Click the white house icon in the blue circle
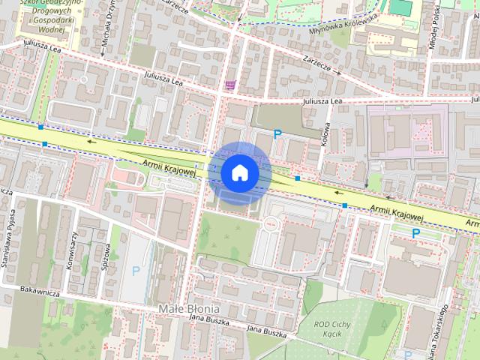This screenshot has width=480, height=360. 239,172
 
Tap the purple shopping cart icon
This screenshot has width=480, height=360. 229,85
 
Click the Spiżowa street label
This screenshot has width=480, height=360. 108,255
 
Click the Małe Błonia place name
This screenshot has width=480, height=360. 189,308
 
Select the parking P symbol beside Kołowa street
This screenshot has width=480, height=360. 277,134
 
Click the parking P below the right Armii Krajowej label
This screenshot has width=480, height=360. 416,233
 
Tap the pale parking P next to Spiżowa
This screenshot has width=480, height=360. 136,271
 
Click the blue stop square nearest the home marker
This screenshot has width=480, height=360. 298,178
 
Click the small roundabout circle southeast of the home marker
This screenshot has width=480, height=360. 269,224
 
